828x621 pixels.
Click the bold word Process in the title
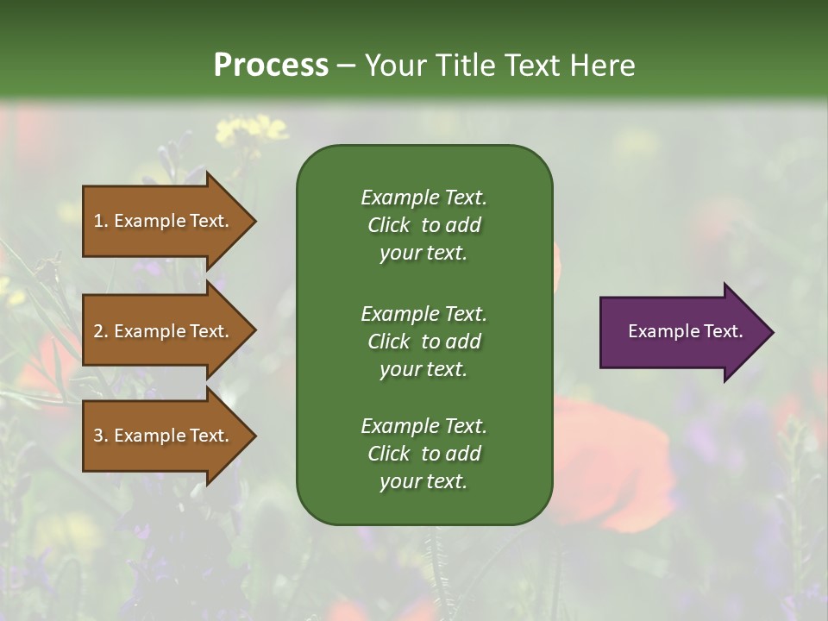(271, 66)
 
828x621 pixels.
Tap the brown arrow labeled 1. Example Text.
(164, 221)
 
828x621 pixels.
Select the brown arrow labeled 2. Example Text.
(164, 331)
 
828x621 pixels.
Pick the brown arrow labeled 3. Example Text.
(164, 436)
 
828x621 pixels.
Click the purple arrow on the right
(681, 332)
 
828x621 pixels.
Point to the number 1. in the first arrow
(101, 221)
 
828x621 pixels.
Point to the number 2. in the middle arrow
(101, 331)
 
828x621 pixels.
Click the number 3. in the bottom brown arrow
(101, 436)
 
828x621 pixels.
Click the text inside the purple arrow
(685, 331)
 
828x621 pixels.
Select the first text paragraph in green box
(423, 225)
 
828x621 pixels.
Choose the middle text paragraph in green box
(423, 342)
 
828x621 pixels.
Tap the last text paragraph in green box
(423, 454)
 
